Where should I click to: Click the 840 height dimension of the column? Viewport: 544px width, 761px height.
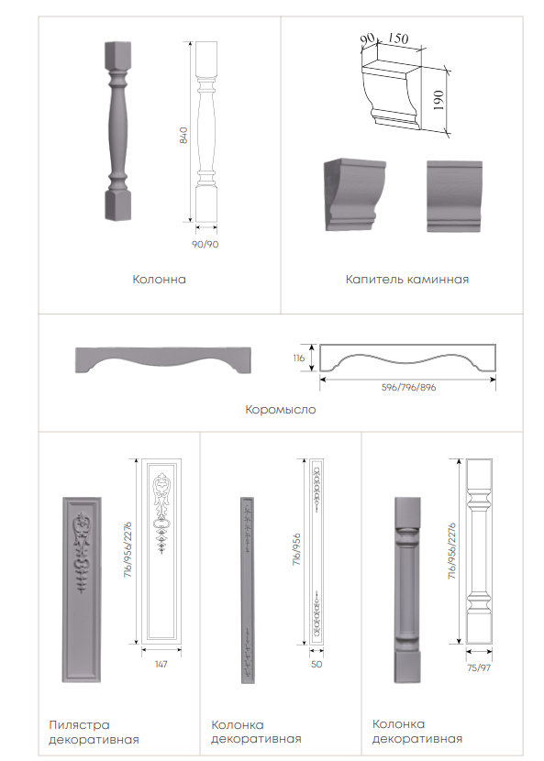tap(183, 136)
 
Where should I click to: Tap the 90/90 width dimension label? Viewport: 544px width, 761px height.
tap(205, 244)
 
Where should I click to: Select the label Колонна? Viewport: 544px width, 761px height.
tap(159, 280)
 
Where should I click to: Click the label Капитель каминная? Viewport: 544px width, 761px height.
tap(407, 280)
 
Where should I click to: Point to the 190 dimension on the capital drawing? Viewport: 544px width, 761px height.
tap(439, 100)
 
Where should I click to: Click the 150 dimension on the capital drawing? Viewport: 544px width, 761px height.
tap(398, 38)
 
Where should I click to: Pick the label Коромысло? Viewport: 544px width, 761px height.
tap(281, 410)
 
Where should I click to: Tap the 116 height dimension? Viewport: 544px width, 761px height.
tap(299, 358)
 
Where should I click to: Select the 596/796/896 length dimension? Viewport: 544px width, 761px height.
tap(408, 387)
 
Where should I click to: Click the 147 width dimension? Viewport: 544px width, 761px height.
tap(161, 664)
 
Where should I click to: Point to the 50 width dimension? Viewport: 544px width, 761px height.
tap(316, 664)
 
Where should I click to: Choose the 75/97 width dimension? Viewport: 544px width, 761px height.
tap(479, 667)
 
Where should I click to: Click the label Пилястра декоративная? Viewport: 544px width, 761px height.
tap(94, 733)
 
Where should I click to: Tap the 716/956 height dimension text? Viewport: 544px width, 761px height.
tap(297, 549)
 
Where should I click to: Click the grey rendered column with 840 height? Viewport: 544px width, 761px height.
tap(117, 131)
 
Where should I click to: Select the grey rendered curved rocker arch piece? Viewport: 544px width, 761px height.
tap(163, 359)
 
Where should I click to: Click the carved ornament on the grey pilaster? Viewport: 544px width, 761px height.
tap(82, 552)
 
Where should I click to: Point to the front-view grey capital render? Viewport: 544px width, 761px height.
tap(455, 196)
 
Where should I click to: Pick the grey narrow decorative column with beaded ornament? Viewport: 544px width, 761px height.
tap(248, 590)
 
